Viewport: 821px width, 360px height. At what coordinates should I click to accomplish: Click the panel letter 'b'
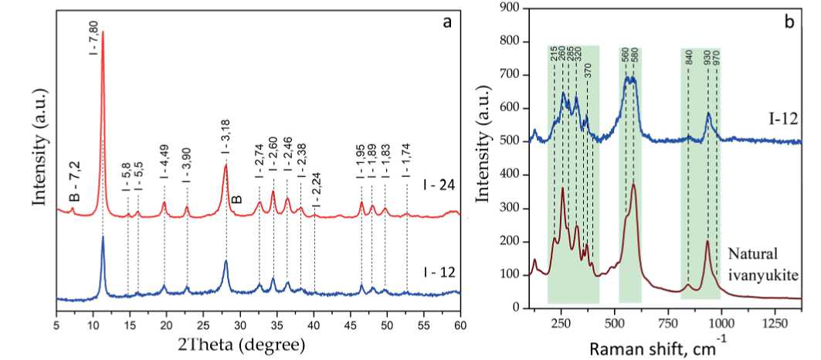coord(789,22)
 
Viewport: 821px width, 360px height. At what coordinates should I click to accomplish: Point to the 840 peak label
coord(687,59)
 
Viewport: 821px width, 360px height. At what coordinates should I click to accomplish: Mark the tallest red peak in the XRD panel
coord(103,32)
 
